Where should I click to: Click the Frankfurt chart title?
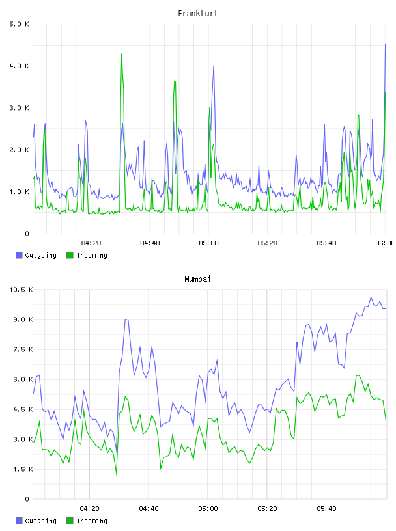click(198, 14)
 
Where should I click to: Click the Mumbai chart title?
click(197, 279)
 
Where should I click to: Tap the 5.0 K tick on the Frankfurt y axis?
click(19, 24)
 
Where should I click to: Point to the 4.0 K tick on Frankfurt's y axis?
click(19, 66)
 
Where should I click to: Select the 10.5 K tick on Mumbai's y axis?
click(21, 290)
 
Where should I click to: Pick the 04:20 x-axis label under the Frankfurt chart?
click(91, 243)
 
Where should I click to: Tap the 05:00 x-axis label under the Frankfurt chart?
click(209, 243)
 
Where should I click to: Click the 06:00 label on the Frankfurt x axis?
click(384, 243)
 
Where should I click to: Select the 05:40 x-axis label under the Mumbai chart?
click(326, 508)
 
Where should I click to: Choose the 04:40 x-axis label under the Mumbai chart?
click(149, 508)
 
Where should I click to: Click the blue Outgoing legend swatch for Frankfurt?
click(19, 255)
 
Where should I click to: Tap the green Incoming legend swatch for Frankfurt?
click(70, 255)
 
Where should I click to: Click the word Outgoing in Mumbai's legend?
click(40, 521)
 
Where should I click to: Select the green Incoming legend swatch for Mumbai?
click(70, 521)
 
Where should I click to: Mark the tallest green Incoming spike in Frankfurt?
click(122, 54)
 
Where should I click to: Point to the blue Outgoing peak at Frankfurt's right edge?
click(386, 44)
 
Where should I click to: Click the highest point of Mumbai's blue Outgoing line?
click(371, 297)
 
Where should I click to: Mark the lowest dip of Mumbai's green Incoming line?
click(117, 475)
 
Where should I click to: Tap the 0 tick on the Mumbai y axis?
click(27, 499)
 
